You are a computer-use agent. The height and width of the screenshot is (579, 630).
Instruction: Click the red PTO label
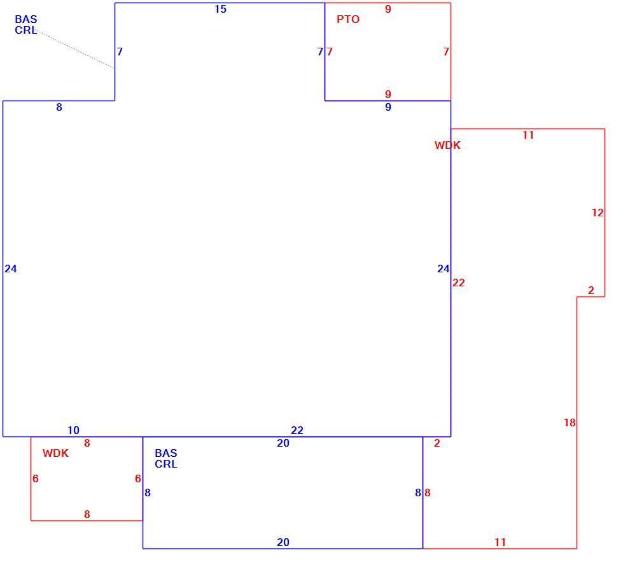(348, 19)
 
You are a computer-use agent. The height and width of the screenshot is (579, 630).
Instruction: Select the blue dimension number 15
(220, 9)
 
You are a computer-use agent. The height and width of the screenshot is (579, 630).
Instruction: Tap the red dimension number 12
(598, 213)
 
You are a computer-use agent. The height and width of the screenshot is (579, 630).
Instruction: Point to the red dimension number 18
(570, 422)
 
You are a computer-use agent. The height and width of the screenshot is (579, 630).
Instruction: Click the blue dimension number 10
(73, 430)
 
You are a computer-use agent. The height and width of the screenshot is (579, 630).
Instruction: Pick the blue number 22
(297, 430)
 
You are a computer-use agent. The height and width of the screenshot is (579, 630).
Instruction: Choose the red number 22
(458, 283)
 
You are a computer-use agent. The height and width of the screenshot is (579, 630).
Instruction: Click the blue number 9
(388, 107)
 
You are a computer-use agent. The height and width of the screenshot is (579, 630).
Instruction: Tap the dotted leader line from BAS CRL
(75, 50)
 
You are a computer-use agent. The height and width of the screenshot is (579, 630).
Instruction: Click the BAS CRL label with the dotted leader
(25, 25)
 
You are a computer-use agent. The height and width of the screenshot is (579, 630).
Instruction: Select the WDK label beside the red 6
(55, 453)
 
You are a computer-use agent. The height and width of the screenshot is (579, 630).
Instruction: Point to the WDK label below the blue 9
(447, 145)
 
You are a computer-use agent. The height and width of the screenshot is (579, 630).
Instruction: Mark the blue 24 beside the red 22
(443, 269)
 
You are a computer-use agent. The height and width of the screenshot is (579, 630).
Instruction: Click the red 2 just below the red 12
(591, 290)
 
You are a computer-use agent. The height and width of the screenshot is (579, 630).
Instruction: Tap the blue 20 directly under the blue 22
(283, 443)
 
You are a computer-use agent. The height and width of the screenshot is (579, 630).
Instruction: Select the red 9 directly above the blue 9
(388, 94)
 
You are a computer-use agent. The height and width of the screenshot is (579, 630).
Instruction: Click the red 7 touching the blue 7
(330, 52)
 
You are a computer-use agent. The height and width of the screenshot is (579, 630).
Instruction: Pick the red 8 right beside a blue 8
(428, 492)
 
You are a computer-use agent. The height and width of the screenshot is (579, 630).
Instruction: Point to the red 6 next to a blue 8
(138, 478)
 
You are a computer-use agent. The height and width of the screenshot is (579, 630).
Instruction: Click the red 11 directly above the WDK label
(528, 135)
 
